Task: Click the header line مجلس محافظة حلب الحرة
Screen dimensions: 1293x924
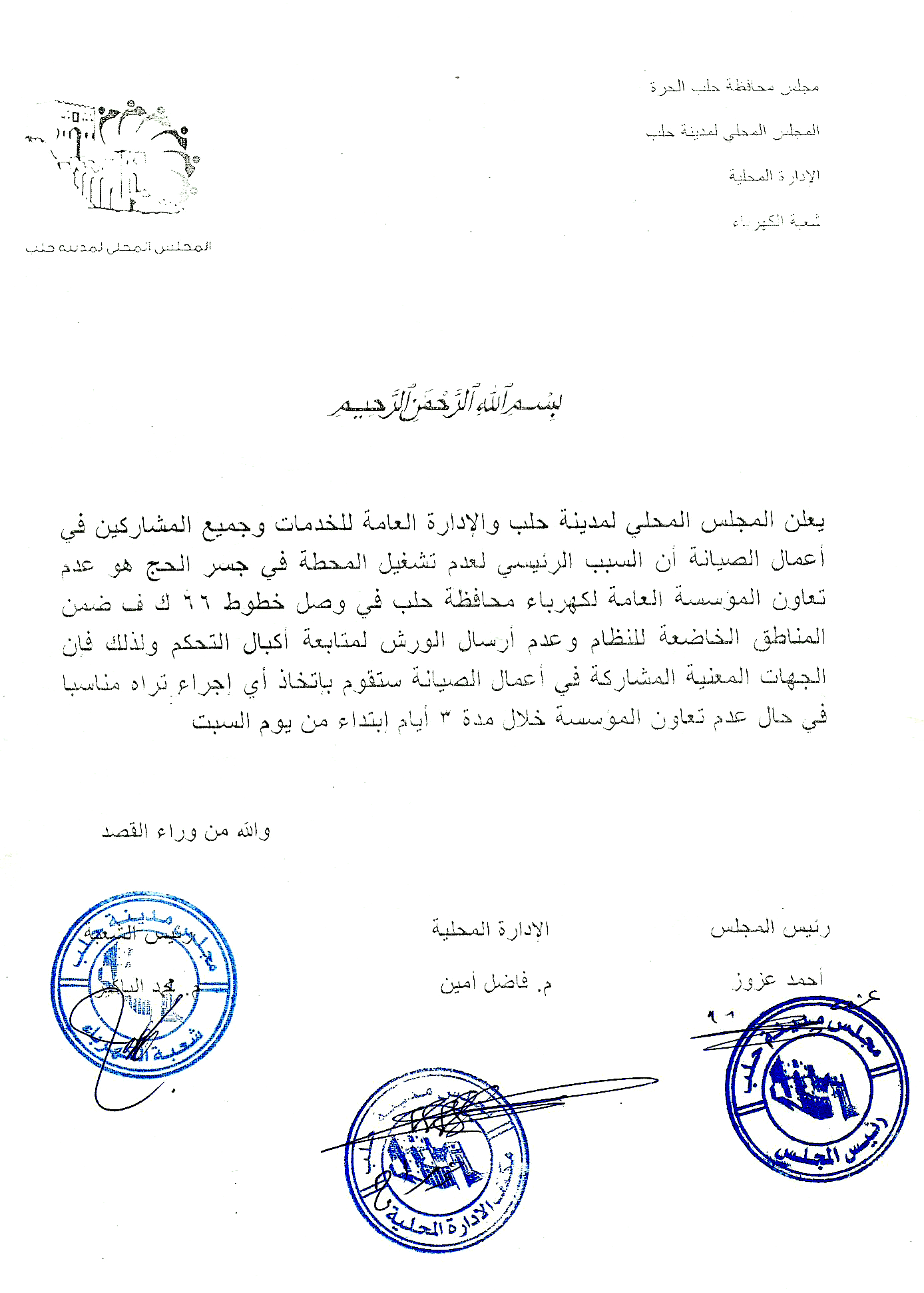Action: tap(734, 87)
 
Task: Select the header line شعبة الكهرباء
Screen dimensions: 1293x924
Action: tap(776, 221)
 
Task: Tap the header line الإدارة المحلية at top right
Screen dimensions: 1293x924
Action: tap(774, 176)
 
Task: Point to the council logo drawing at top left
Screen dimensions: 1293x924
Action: tap(113, 156)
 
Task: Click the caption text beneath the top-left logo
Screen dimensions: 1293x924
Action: tap(118, 247)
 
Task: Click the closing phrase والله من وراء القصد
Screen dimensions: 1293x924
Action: tap(186, 832)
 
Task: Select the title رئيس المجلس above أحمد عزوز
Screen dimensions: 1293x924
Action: tap(770, 929)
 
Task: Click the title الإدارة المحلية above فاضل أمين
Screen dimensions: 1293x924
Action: tap(490, 929)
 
